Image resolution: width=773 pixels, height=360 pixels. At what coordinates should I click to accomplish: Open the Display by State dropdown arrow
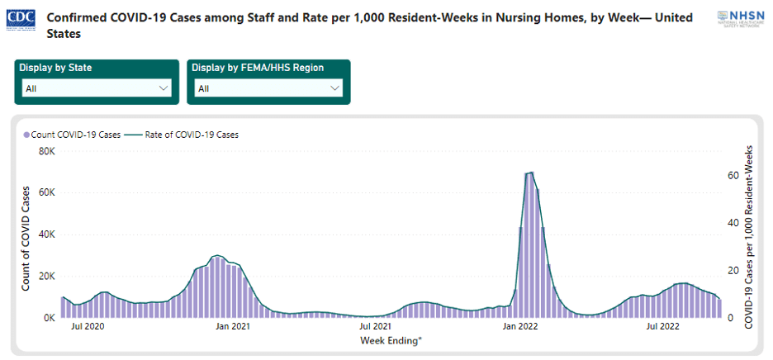click(x=162, y=88)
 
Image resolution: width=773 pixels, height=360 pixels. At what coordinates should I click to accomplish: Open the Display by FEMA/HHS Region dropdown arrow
click(x=334, y=88)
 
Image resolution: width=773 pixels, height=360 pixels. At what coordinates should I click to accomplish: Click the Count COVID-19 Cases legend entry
click(x=71, y=135)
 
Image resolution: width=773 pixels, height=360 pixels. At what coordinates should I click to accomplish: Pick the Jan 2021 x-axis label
click(x=232, y=327)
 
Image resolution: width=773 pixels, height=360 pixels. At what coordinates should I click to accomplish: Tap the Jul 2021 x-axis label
click(x=376, y=327)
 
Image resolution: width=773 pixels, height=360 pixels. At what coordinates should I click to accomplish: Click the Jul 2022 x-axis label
click(x=663, y=327)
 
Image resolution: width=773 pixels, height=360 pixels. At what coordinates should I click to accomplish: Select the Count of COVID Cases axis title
click(x=26, y=239)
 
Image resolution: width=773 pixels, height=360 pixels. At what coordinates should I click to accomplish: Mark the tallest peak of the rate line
click(x=530, y=172)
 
